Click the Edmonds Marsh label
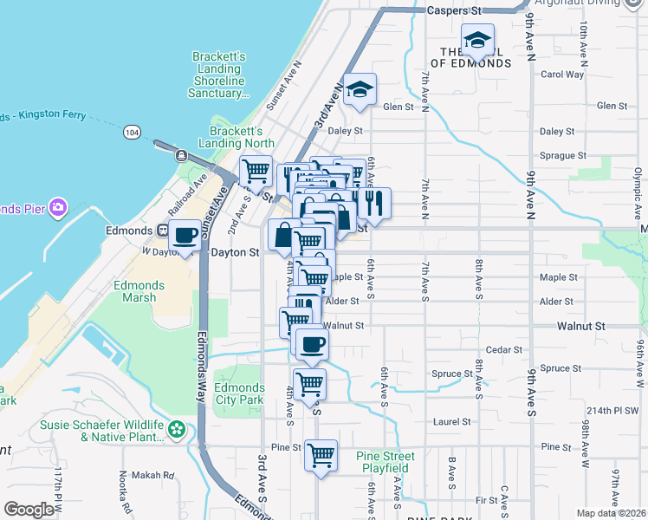(x=134, y=291)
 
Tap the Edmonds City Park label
(x=239, y=393)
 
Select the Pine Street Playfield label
(x=386, y=462)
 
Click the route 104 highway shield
(x=131, y=131)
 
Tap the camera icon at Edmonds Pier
(x=58, y=207)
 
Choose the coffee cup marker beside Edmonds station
(x=185, y=236)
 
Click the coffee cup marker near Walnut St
(x=312, y=344)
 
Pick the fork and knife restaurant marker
(x=373, y=203)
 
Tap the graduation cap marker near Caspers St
(x=476, y=39)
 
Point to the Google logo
(x=29, y=510)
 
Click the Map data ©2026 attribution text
(x=611, y=513)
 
